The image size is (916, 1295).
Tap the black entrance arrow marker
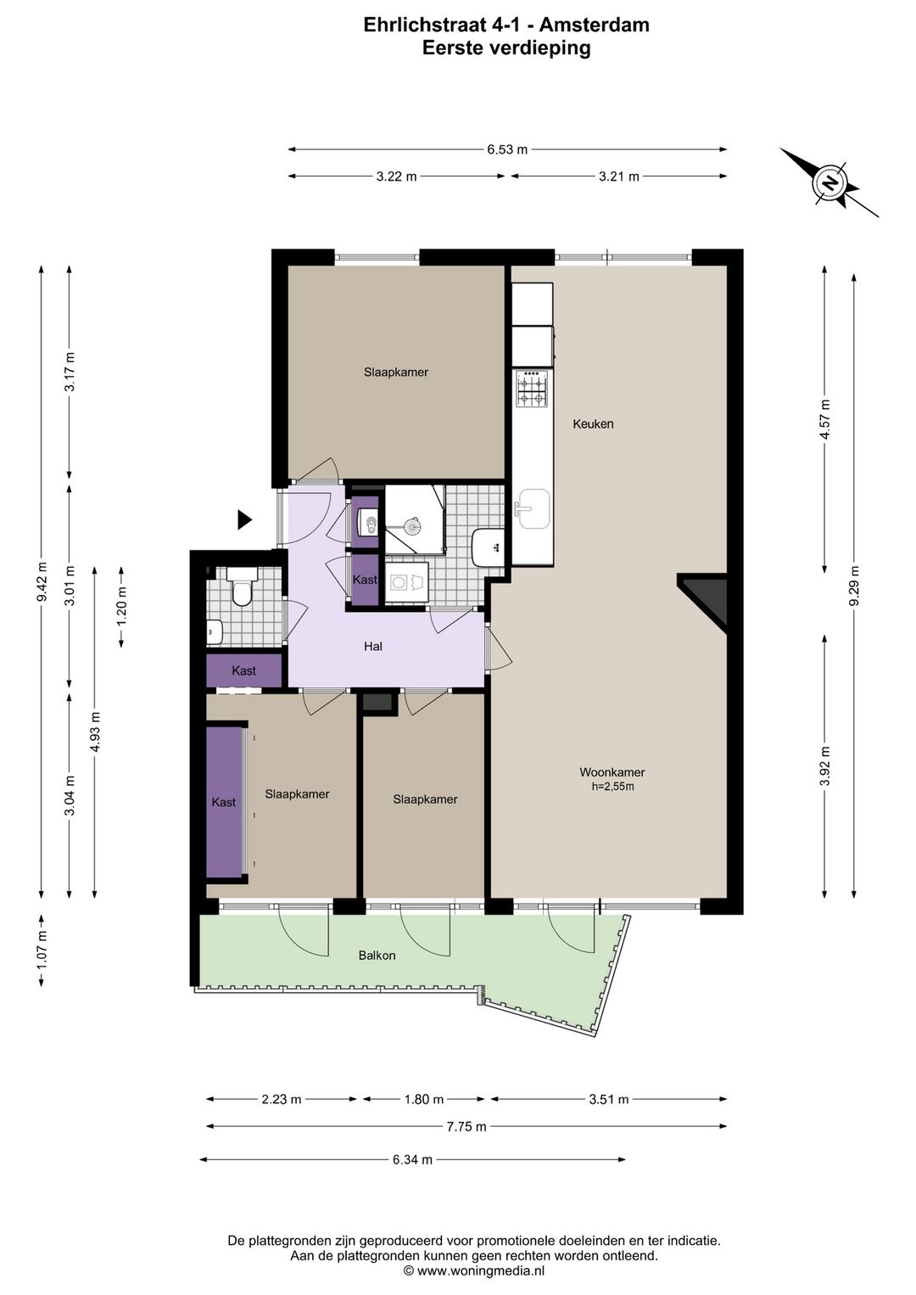click(x=245, y=519)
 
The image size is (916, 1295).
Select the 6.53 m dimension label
click(x=507, y=149)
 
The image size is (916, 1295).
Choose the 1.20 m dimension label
click(x=121, y=606)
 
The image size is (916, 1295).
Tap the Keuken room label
click(x=593, y=423)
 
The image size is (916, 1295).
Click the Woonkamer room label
click(x=612, y=771)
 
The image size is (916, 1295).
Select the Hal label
click(x=372, y=647)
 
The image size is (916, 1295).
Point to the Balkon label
click(x=377, y=956)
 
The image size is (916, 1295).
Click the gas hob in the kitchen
click(x=533, y=389)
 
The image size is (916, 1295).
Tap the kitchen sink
click(x=533, y=509)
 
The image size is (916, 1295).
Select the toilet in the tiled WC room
click(x=242, y=586)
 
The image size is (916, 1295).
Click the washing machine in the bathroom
click(x=407, y=581)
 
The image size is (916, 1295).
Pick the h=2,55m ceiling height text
click(x=612, y=786)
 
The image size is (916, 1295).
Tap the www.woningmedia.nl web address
click(x=481, y=1270)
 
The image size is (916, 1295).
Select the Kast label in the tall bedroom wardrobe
click(x=223, y=802)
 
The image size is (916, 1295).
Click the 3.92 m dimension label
click(x=824, y=766)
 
